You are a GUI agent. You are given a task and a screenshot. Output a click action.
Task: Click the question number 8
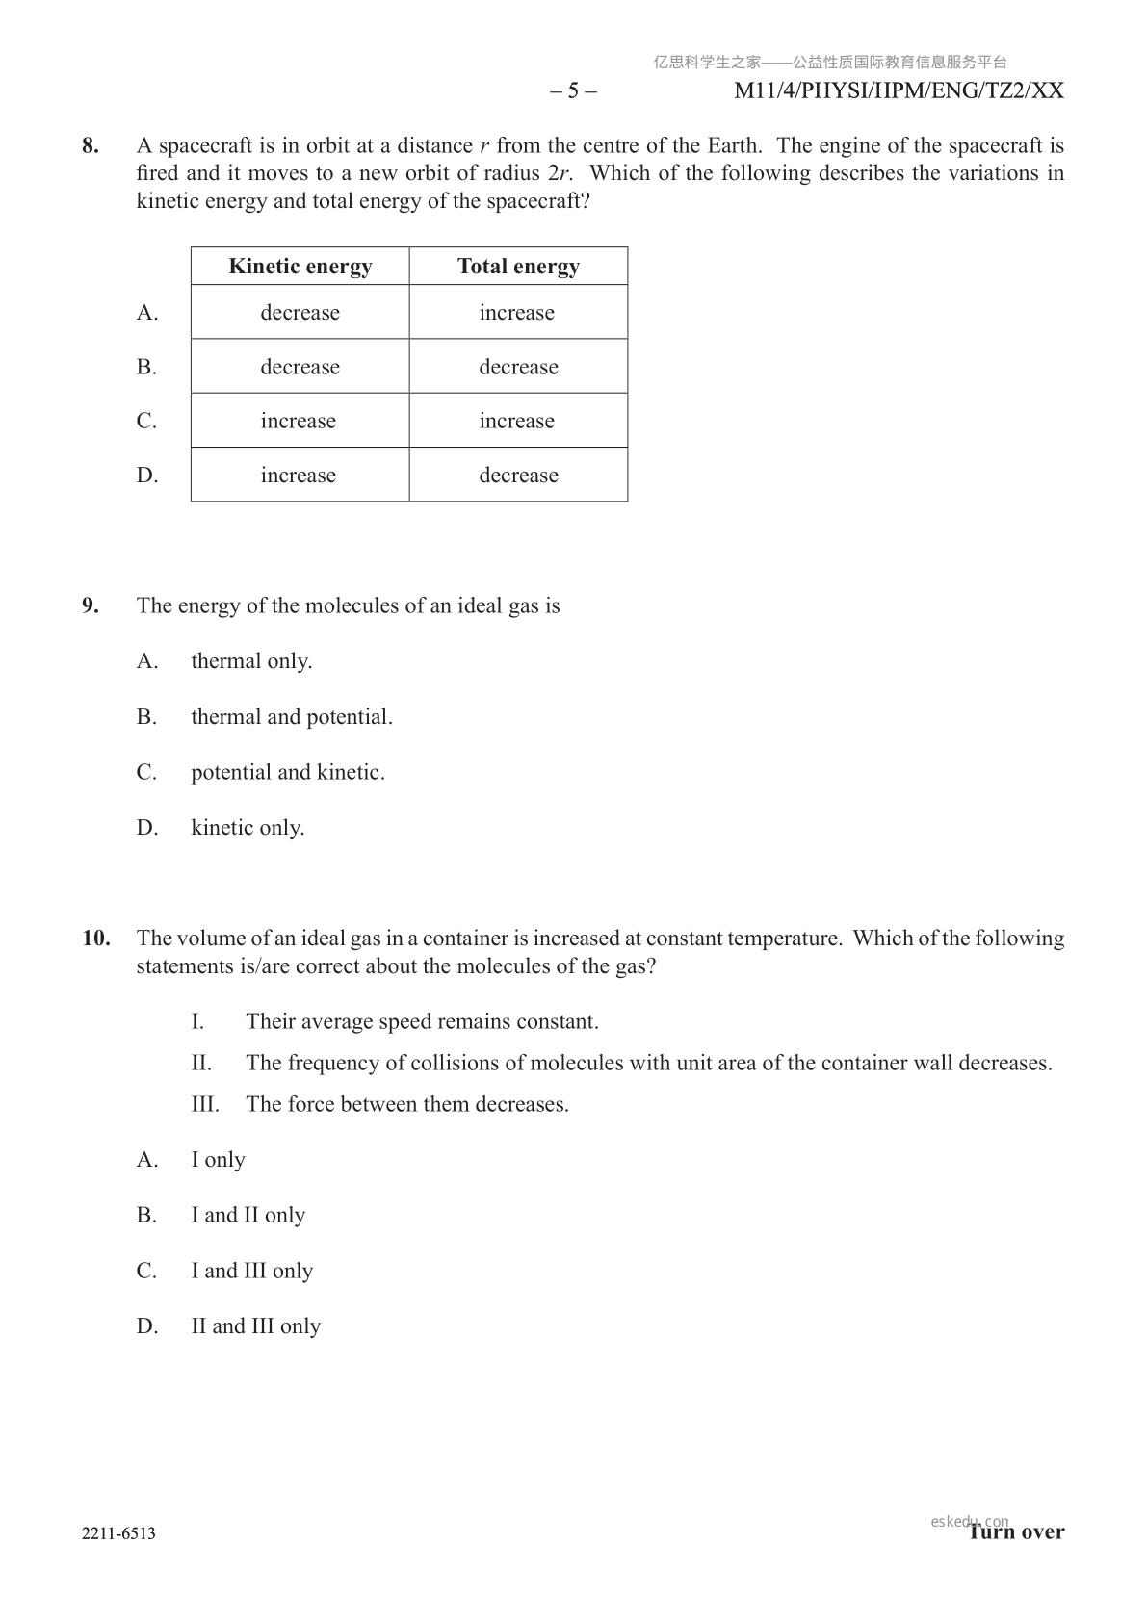(x=91, y=146)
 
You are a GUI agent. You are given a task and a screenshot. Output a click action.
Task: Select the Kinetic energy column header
(x=300, y=267)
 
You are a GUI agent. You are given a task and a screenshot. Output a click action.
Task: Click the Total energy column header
(x=518, y=267)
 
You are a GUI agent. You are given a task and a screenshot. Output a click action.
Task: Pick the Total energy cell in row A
(x=517, y=313)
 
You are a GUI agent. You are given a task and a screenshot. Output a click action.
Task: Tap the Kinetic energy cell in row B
(x=300, y=367)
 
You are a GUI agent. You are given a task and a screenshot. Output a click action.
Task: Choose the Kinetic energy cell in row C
(x=299, y=421)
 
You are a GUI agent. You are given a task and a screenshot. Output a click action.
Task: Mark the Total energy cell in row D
(x=518, y=476)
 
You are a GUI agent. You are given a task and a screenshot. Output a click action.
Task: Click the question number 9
(x=91, y=605)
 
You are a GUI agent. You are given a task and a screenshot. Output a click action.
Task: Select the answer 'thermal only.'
(x=251, y=661)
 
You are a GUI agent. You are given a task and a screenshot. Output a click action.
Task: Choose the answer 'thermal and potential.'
(x=292, y=717)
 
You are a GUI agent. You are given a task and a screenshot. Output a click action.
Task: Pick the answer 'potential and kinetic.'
(x=288, y=772)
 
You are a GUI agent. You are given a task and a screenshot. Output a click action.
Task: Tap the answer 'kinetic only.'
(x=248, y=828)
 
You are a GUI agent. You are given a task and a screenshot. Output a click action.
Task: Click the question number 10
(x=95, y=939)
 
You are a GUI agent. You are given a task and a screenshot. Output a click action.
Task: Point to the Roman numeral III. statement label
(x=205, y=1104)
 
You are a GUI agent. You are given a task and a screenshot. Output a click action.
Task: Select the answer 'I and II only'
(x=248, y=1216)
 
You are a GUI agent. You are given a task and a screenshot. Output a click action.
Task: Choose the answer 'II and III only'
(x=255, y=1326)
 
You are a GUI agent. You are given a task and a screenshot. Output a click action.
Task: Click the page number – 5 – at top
(x=573, y=91)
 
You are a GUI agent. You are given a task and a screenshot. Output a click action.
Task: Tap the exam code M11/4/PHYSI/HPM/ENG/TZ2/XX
(x=899, y=91)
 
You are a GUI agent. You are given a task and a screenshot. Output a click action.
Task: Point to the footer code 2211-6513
(x=118, y=1533)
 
